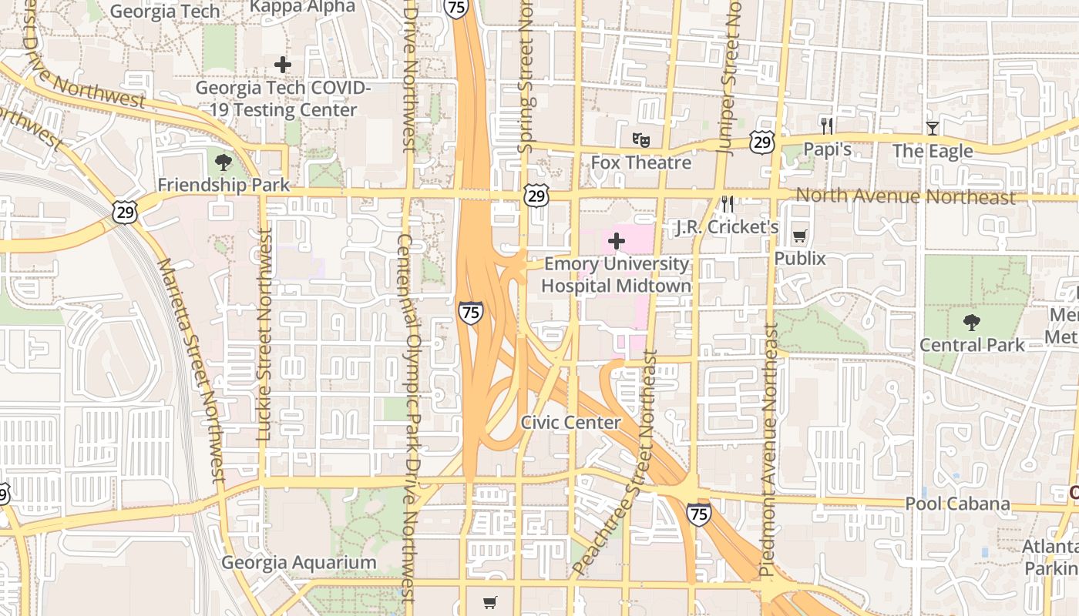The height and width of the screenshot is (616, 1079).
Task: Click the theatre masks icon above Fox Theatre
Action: (x=640, y=139)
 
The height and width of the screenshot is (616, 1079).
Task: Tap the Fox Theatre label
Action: (x=640, y=162)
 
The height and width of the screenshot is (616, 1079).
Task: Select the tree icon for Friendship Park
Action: (x=224, y=162)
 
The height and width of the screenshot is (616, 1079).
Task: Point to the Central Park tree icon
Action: (x=972, y=322)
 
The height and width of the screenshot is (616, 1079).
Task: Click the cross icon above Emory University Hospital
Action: (x=616, y=241)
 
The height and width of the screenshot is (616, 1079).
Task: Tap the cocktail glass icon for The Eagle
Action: (x=933, y=128)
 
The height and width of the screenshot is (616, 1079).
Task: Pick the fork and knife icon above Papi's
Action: (x=827, y=126)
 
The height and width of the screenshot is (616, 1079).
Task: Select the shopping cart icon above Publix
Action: (x=800, y=236)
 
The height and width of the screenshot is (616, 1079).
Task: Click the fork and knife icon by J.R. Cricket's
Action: (x=725, y=204)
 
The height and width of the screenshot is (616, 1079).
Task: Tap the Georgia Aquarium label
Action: (x=299, y=563)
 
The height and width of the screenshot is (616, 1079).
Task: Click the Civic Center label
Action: (x=570, y=422)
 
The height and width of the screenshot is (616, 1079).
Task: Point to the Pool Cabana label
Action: (x=957, y=504)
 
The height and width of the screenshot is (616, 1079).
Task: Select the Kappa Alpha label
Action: (x=303, y=8)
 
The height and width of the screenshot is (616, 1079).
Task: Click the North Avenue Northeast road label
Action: (x=906, y=196)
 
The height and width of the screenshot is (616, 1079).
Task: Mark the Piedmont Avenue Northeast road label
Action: (x=769, y=450)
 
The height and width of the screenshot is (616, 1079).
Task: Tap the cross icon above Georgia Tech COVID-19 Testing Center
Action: (x=283, y=64)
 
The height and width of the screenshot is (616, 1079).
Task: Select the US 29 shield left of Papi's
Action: (x=761, y=141)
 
